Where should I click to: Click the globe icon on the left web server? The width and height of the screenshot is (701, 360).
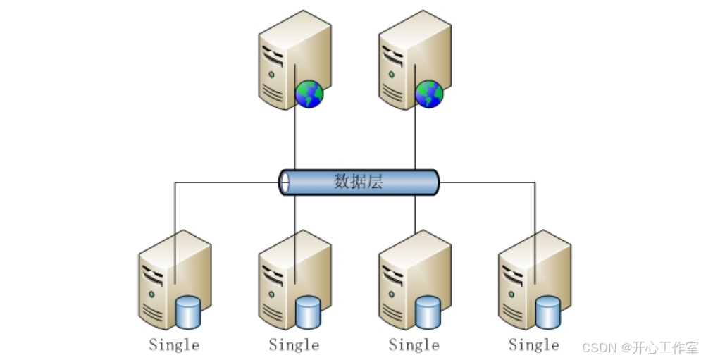309,94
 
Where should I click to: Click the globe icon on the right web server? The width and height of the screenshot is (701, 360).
428,94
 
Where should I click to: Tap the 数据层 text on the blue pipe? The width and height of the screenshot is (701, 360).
358,182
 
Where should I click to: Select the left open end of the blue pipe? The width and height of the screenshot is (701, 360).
285,182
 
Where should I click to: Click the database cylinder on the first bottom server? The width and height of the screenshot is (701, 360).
188,312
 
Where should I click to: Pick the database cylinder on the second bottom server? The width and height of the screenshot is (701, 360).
308,312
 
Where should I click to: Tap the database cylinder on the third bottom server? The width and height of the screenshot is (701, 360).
428,312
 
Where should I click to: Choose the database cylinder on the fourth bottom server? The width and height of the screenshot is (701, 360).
547,312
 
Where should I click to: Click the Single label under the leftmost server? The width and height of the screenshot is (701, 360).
174,345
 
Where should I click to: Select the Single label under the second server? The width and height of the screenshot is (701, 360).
294,345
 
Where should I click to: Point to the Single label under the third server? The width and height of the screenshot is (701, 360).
414,345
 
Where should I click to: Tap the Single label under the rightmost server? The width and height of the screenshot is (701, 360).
533,345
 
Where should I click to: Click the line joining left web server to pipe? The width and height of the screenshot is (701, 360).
294,141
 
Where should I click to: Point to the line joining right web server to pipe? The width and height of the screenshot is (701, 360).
414,141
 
